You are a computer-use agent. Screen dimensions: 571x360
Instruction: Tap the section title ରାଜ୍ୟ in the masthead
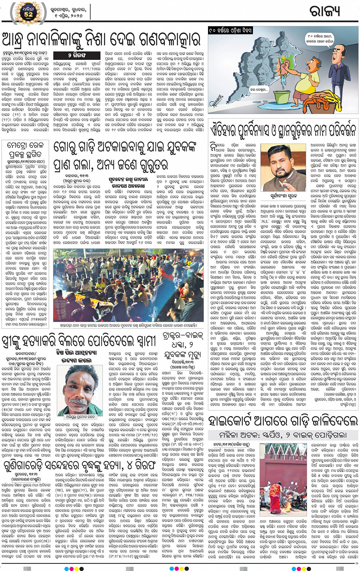[325, 11]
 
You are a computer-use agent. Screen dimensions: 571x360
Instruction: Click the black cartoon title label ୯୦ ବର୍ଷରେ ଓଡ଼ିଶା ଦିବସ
[230, 30]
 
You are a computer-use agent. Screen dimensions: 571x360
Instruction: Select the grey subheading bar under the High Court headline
[283, 435]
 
